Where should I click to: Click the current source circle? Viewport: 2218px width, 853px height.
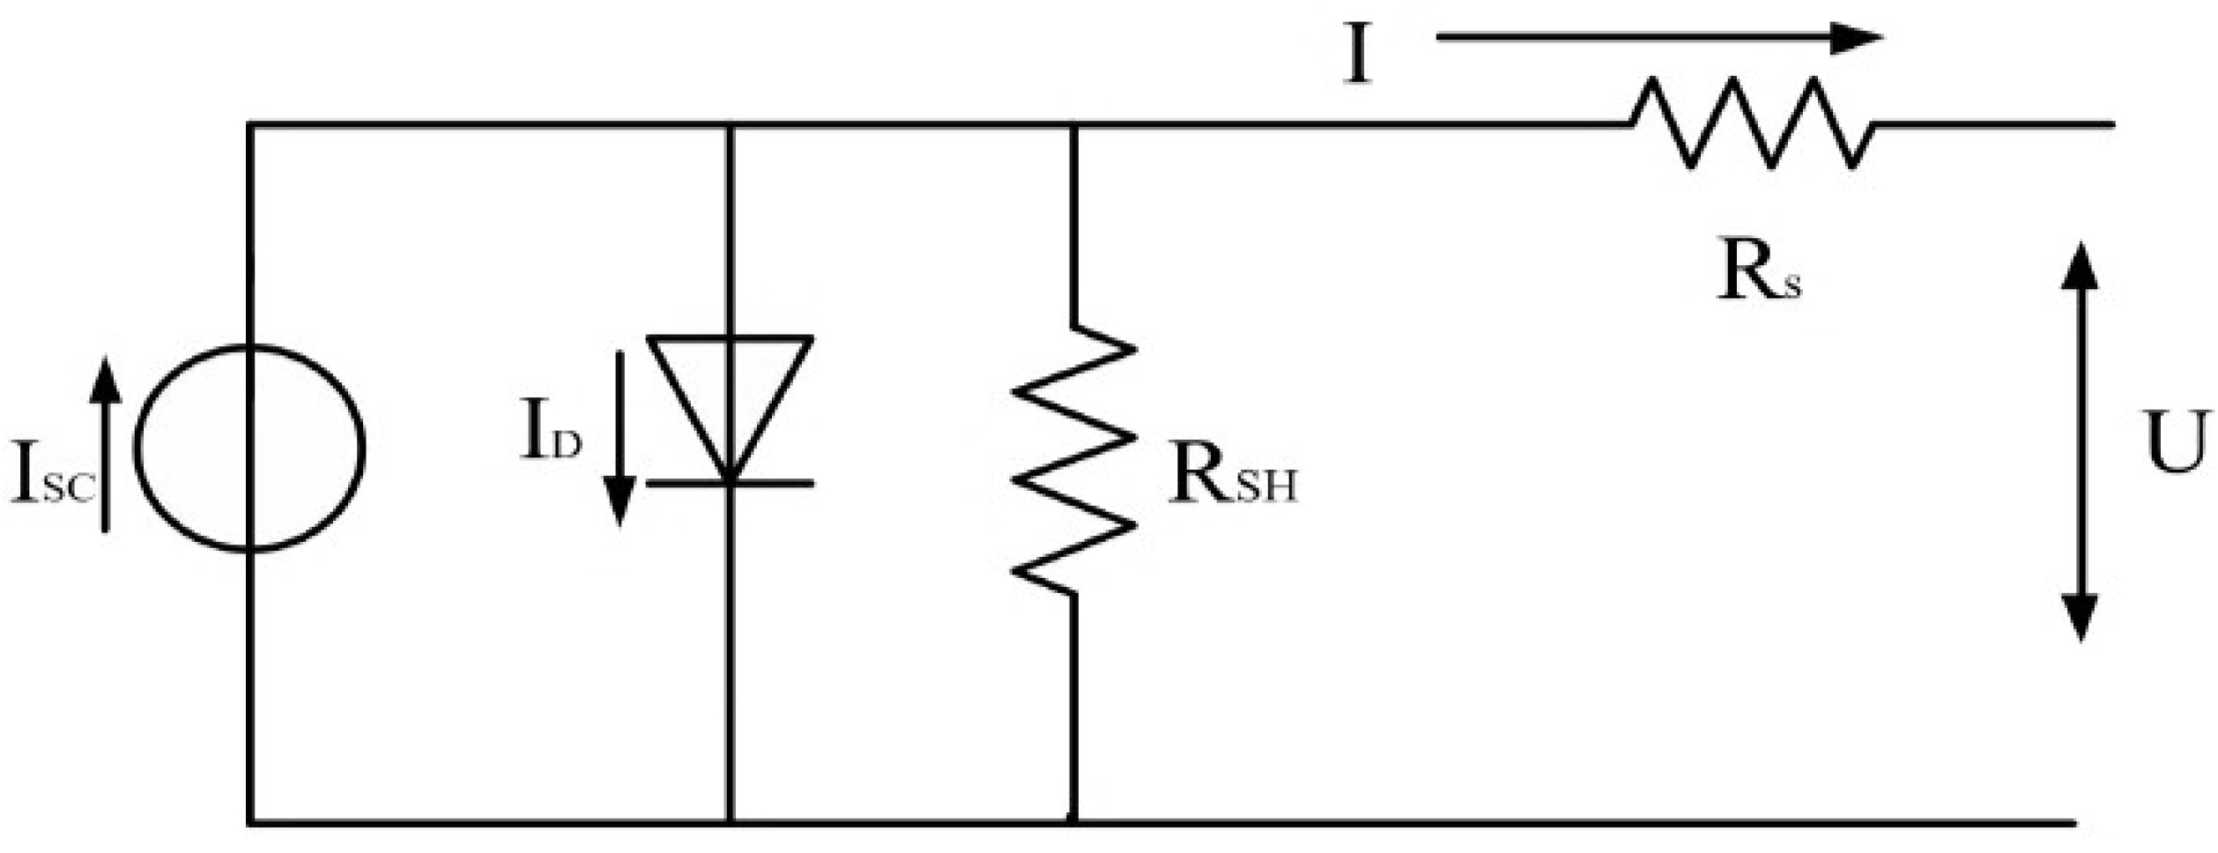249,449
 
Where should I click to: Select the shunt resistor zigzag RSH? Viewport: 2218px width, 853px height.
1073,460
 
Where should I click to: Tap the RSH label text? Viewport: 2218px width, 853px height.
1232,479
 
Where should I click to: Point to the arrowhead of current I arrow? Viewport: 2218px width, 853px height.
1855,38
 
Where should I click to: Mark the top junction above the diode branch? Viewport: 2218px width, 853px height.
730,125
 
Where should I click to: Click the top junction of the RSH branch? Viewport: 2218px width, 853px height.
1073,125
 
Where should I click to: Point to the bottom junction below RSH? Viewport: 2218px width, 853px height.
1073,823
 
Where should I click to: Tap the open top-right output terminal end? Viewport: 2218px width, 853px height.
2110,124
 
